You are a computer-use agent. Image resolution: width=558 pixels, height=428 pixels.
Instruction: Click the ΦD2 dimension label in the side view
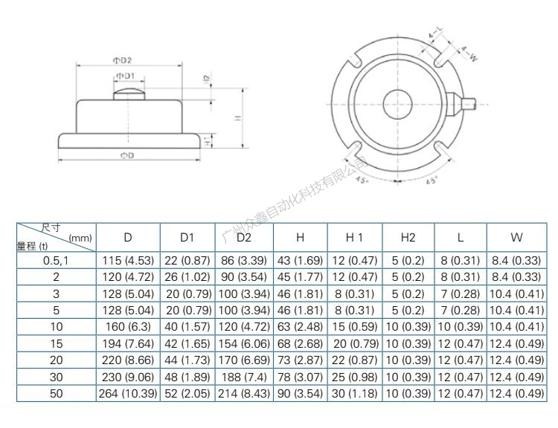pyautogui.click(x=123, y=60)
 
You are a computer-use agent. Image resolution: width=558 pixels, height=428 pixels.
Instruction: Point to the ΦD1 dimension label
pyautogui.click(x=125, y=76)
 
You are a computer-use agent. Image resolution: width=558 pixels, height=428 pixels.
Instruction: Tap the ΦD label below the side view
pyautogui.click(x=128, y=155)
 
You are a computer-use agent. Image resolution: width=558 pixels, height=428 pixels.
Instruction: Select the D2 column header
pyautogui.click(x=244, y=238)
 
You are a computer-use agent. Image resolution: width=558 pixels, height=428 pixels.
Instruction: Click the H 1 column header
pyautogui.click(x=353, y=238)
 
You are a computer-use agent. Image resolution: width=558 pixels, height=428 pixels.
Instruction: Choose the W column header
pyautogui.click(x=516, y=238)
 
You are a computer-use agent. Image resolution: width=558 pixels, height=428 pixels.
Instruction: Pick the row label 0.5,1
pyautogui.click(x=57, y=261)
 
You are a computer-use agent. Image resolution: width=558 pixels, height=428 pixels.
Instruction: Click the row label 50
pyautogui.click(x=57, y=393)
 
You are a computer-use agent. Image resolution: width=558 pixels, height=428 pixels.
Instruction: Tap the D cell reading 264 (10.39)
pyautogui.click(x=128, y=393)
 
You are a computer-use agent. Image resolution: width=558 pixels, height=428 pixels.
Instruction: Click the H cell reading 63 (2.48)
pyautogui.click(x=300, y=327)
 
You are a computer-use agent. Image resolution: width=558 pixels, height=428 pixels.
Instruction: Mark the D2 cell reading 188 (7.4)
pyautogui.click(x=244, y=377)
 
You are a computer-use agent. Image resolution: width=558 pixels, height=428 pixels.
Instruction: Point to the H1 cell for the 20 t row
pyautogui.click(x=353, y=360)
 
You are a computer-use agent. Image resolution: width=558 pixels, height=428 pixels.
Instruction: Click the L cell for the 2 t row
pyautogui.click(x=461, y=277)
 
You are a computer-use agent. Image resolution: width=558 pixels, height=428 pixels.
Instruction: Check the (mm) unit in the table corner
pyautogui.click(x=80, y=238)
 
